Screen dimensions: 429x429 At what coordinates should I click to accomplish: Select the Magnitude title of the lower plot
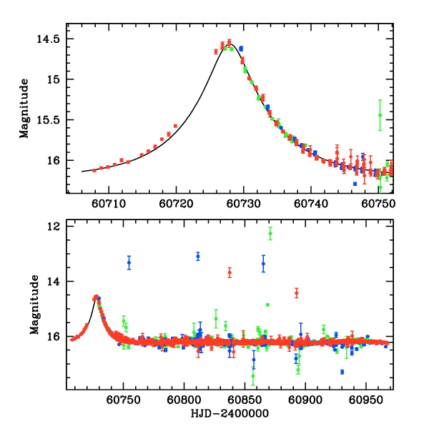coord(34,305)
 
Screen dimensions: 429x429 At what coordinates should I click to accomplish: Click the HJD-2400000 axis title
coord(228,413)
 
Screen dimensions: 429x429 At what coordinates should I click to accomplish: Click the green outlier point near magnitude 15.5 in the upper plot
coord(380,114)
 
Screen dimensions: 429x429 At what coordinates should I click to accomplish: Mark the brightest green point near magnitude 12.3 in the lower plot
coord(270,233)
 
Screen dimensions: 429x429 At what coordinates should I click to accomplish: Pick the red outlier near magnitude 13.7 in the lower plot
coord(230,272)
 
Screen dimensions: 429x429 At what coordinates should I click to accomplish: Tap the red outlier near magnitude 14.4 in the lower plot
coord(296,292)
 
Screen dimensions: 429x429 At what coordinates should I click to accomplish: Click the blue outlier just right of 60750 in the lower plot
coord(129,262)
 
